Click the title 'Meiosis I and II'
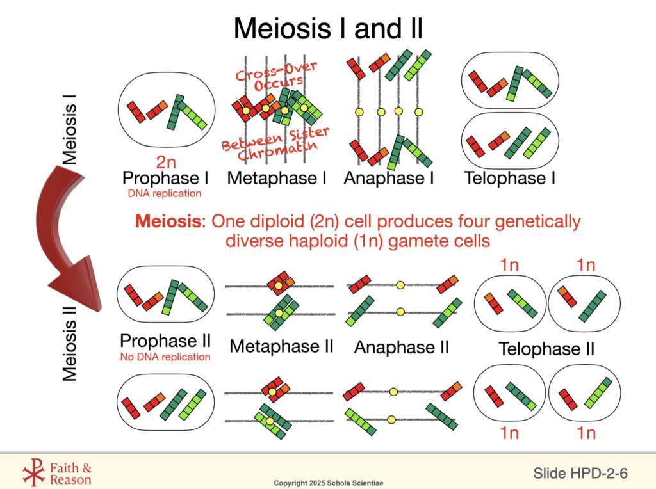coord(327,28)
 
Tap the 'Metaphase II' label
coord(282,347)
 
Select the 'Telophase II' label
coord(546,349)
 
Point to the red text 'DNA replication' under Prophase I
coord(165,193)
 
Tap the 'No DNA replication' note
coord(165,357)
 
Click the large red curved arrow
coord(64,237)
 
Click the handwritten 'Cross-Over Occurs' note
coord(277,76)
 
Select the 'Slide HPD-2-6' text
coord(580,473)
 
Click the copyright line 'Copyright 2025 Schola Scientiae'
coord(327,482)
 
